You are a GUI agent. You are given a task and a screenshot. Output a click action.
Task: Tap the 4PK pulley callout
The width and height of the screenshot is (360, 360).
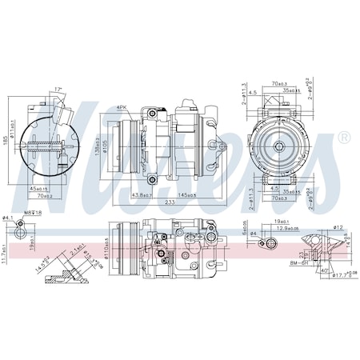[122, 107]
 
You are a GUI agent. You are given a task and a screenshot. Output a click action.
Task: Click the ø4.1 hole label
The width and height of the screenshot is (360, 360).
[7, 218]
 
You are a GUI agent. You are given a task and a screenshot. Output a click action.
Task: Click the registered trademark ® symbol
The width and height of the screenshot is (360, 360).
[343, 138]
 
